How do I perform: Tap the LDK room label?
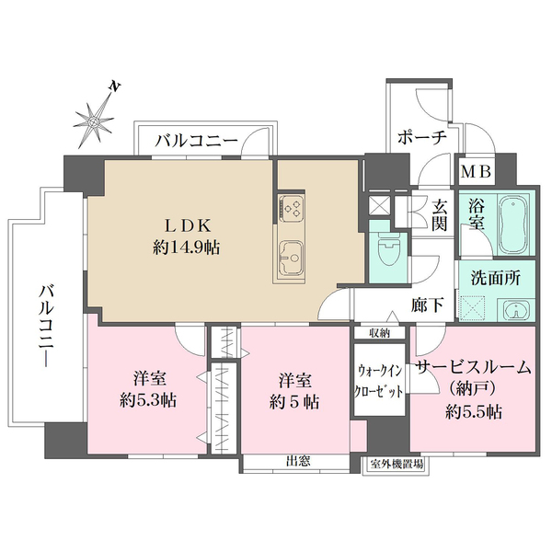pos(189,225)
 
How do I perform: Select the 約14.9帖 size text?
pos(187,248)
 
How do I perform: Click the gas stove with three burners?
pos(291,206)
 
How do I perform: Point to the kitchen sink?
pos(291,257)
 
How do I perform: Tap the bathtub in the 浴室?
pos(514,225)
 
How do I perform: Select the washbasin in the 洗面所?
pos(516,310)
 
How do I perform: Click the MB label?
pos(476,172)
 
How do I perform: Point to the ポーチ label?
pos(422,138)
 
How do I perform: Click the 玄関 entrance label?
pos(440,214)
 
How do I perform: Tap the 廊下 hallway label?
pos(428,305)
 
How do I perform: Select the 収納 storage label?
pos(379,333)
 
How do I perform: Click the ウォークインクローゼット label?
pos(379,381)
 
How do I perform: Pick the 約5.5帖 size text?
pos(474,411)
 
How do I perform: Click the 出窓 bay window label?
pos(298,461)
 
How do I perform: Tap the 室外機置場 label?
pos(397,465)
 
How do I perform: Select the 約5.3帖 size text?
pos(148,400)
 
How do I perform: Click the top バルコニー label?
pos(197,142)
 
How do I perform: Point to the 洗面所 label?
pos(496,278)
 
